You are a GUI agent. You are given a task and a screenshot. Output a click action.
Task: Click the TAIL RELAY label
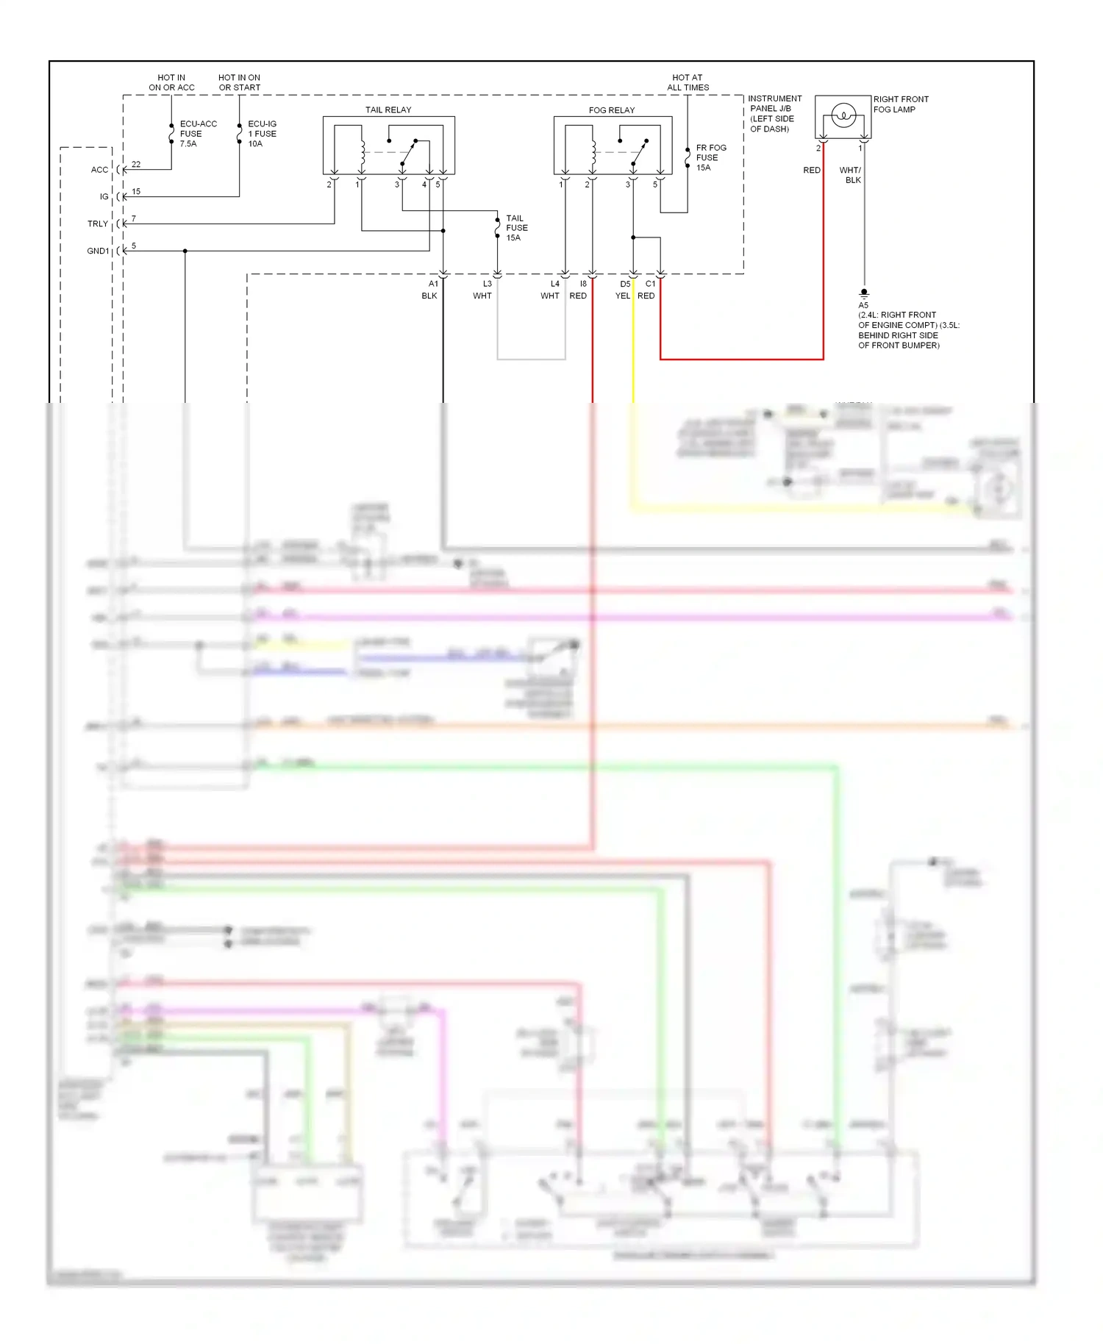(388, 110)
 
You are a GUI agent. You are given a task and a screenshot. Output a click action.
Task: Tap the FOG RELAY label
(611, 110)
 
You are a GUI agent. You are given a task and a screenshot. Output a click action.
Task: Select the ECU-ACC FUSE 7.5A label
(197, 134)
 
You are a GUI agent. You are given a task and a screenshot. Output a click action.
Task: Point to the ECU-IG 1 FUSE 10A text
(263, 134)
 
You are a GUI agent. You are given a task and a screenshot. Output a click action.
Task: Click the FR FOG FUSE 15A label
(710, 157)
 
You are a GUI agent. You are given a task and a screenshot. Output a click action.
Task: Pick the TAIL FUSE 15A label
(516, 228)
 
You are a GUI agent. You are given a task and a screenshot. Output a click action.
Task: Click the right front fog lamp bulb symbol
(843, 115)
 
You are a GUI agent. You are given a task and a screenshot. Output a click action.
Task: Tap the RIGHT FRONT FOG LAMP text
(900, 104)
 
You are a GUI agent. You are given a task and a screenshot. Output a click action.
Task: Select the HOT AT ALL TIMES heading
(688, 82)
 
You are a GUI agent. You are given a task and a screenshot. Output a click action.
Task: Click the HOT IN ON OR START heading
(239, 82)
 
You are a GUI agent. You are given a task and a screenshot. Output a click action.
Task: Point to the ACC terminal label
(99, 170)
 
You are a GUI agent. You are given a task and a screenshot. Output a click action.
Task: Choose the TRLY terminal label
(97, 224)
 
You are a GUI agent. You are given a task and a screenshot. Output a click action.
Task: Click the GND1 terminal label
(97, 251)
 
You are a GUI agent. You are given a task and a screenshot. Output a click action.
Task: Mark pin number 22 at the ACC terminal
(136, 165)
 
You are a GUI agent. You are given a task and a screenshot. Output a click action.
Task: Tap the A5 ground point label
(863, 305)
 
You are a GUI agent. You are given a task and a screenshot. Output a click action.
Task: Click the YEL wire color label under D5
(622, 296)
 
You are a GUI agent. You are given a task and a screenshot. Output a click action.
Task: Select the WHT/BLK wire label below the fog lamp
(851, 175)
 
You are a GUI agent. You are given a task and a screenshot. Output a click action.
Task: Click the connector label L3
(487, 284)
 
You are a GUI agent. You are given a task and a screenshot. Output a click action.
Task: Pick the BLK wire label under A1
(429, 296)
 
